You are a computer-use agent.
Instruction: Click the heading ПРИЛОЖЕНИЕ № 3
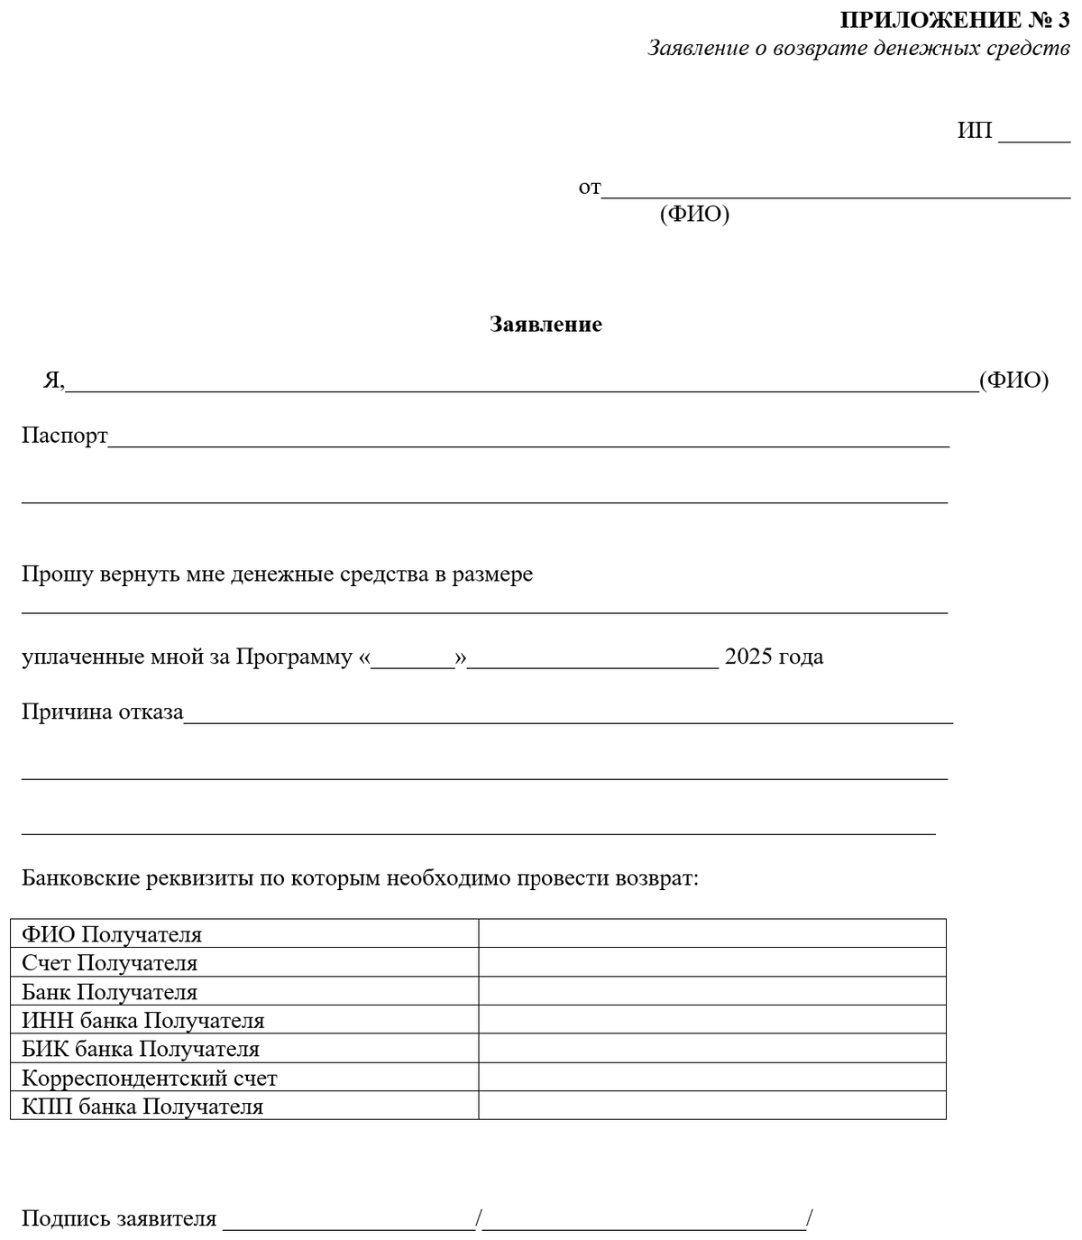pos(954,20)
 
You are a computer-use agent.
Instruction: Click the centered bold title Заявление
pos(546,325)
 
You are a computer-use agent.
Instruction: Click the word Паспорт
pos(65,436)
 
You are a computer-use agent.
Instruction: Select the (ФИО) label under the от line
pos(694,215)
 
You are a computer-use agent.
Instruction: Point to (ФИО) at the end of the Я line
pos(1014,381)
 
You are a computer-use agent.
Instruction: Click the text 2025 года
pos(774,657)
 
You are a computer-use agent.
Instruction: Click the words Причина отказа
pos(103,712)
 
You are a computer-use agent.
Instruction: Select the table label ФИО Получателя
pos(112,934)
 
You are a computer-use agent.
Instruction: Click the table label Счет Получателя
pos(109,963)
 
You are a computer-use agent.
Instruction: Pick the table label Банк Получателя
pos(109,992)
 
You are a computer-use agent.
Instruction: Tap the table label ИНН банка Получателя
pos(143,1021)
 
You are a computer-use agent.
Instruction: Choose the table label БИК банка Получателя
pos(141,1050)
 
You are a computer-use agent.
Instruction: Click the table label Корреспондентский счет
pos(150,1079)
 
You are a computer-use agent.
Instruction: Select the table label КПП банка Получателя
pos(142,1107)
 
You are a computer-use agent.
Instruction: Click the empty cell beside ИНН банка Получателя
pos(711,1020)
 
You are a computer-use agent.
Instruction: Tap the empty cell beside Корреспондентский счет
pos(711,1078)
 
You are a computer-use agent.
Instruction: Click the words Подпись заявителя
pos(119,1219)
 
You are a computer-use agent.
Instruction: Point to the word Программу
pos(294,657)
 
